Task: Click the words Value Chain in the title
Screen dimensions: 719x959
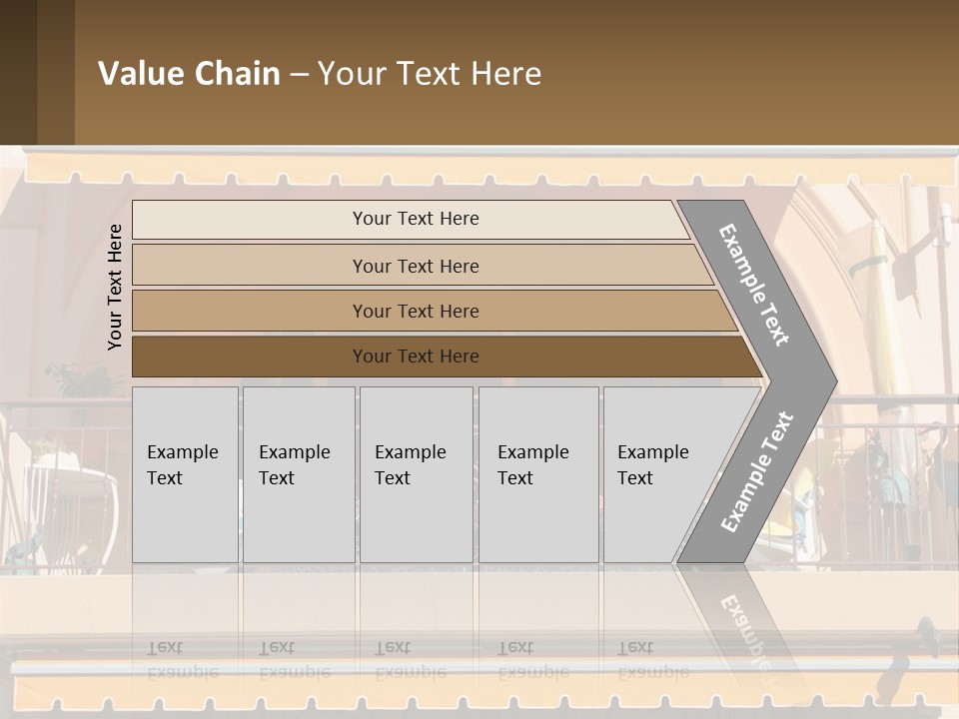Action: tap(189, 74)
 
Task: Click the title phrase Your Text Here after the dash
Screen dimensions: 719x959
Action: tap(430, 74)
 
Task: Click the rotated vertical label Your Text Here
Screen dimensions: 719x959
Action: tap(115, 287)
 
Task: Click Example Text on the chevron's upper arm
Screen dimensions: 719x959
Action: tap(754, 285)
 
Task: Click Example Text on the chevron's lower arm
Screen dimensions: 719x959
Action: tap(757, 471)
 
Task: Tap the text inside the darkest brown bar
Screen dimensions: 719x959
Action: tap(416, 357)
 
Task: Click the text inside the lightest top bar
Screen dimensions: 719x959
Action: tap(416, 219)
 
